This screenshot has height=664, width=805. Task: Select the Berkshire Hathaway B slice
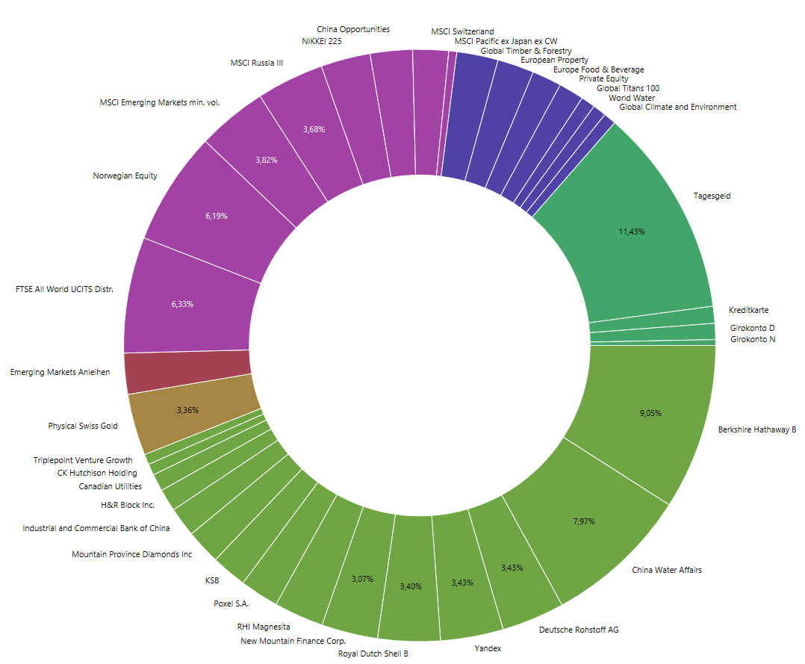coord(657,433)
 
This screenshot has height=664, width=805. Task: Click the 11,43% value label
coord(631,232)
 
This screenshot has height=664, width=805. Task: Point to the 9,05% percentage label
coord(650,413)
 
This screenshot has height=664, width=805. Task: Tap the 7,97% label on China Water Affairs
coord(583,521)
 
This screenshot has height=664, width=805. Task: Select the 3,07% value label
coord(361,579)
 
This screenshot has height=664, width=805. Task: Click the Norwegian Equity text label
coord(125,176)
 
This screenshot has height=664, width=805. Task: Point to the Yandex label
coord(488,648)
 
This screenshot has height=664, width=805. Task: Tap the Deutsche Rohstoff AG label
coord(579,630)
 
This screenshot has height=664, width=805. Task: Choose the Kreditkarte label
coord(748,310)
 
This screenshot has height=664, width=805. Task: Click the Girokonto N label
coord(752,339)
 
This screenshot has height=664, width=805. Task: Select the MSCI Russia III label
coord(257,63)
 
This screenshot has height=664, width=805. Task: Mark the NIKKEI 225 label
coord(321,41)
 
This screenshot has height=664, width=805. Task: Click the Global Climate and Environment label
coord(678,107)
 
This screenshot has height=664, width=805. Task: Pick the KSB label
coord(212,580)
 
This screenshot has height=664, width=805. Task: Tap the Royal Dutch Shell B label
coord(373,654)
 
